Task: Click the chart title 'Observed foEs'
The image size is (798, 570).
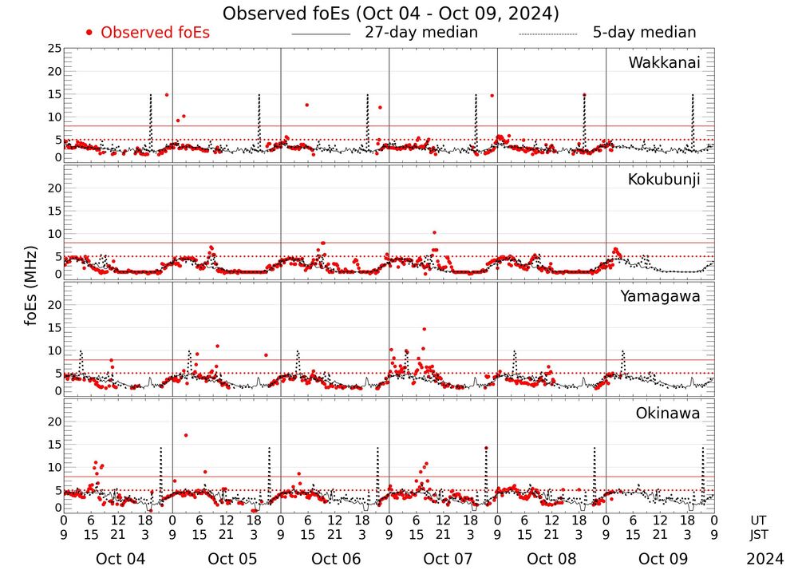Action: pyautogui.click(x=390, y=14)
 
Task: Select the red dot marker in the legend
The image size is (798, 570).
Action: pyautogui.click(x=89, y=33)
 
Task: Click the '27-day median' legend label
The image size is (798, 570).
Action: pyautogui.click(x=421, y=33)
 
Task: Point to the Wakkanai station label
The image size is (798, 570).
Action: pyautogui.click(x=664, y=63)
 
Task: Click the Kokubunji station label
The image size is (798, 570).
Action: pyautogui.click(x=664, y=180)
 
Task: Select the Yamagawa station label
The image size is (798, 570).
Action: pyautogui.click(x=661, y=296)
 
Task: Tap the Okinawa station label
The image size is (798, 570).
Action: pyautogui.click(x=668, y=414)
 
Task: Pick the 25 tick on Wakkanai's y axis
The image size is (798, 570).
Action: pyautogui.click(x=54, y=49)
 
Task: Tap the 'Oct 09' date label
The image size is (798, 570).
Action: pyautogui.click(x=661, y=559)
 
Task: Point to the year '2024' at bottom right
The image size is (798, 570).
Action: pyautogui.click(x=765, y=559)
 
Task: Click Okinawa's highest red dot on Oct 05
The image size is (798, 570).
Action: pyautogui.click(x=186, y=435)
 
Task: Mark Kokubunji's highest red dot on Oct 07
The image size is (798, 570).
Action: pyautogui.click(x=434, y=232)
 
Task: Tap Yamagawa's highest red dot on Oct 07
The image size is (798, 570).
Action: pyautogui.click(x=425, y=329)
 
